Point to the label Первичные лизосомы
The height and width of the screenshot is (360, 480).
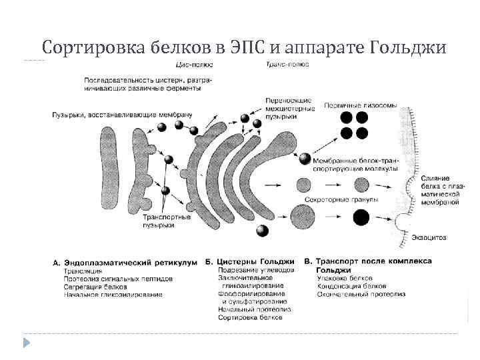pos(360,105)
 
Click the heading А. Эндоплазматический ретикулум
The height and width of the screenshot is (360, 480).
pos(125,262)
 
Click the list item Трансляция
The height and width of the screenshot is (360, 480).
pos(83,271)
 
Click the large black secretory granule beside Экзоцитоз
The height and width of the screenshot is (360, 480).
pos(361,217)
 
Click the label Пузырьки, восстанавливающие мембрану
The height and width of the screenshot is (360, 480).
pos(121,115)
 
